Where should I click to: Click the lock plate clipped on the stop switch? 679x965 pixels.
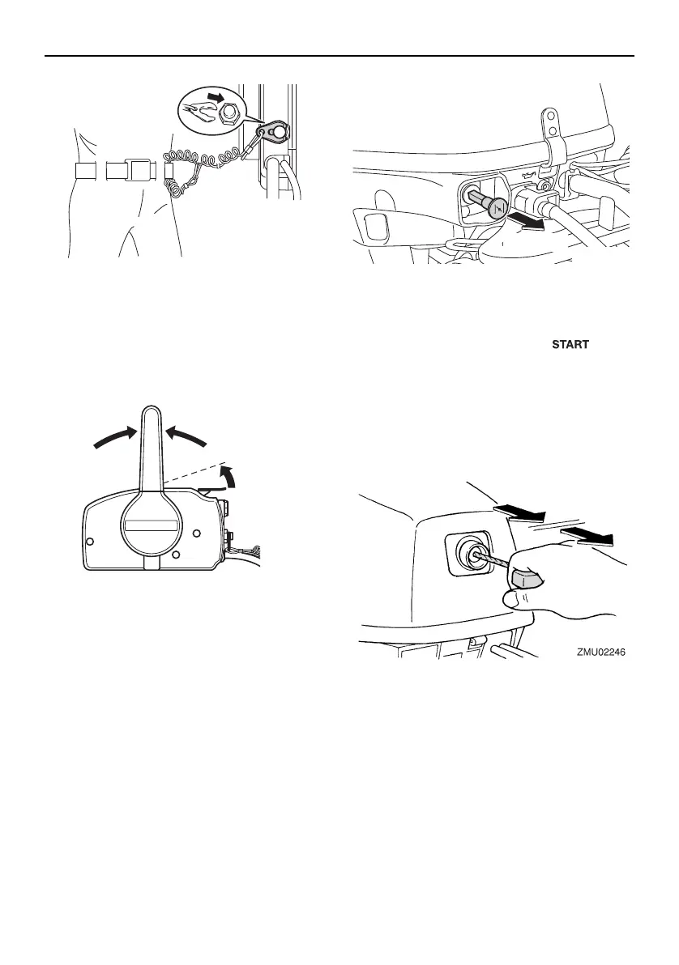pyautogui.click(x=272, y=130)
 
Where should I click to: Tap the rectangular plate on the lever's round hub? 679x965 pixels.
pyautogui.click(x=152, y=526)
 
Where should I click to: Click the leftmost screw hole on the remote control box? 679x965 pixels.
pyautogui.click(x=91, y=540)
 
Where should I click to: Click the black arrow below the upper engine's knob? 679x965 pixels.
pyautogui.click(x=532, y=223)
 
